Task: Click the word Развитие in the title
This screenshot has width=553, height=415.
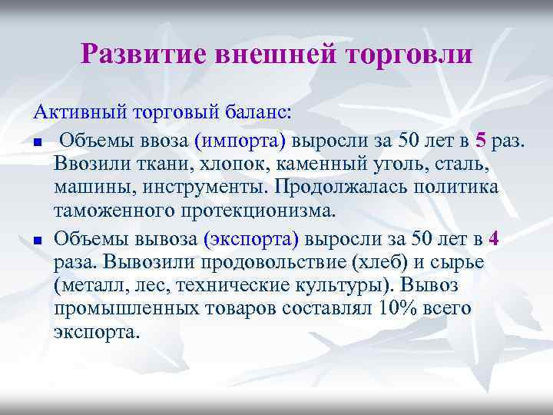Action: pyautogui.click(x=143, y=53)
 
